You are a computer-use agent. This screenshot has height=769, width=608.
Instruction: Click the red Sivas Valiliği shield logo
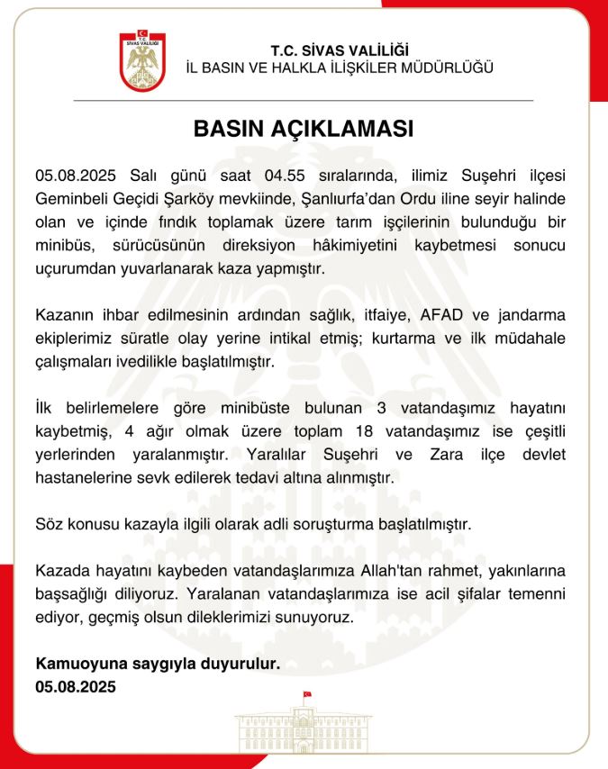tap(142, 62)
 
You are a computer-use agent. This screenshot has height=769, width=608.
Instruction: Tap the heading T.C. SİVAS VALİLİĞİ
tap(340, 51)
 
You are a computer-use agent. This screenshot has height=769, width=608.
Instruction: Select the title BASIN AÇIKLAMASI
tap(304, 129)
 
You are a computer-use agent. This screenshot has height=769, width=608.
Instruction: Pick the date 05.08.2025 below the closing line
tap(76, 686)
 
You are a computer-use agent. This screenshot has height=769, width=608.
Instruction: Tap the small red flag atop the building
tap(307, 694)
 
